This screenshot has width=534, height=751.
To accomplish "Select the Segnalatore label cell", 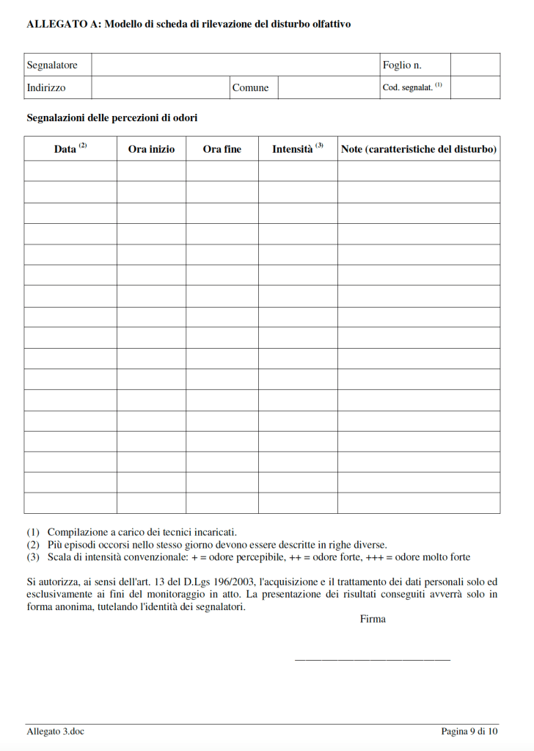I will click(52, 65).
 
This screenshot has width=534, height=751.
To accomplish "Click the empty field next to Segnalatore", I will click(235, 65).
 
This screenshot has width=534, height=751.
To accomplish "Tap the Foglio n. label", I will click(402, 65).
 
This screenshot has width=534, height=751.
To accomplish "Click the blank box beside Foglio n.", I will click(475, 65).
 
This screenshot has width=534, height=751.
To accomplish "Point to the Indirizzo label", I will click(46, 87).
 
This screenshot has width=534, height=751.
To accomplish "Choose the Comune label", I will click(250, 88).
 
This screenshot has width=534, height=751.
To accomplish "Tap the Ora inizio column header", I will click(151, 149).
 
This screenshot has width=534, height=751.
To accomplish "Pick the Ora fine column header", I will click(222, 149).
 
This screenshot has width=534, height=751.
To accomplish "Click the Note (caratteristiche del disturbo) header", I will click(419, 149).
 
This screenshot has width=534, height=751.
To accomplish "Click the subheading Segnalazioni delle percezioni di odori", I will click(111, 117).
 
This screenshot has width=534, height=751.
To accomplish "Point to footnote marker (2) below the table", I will click(33, 545).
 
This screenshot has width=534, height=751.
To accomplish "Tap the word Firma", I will click(373, 619).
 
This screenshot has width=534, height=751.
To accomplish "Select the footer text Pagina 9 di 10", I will click(469, 731).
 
